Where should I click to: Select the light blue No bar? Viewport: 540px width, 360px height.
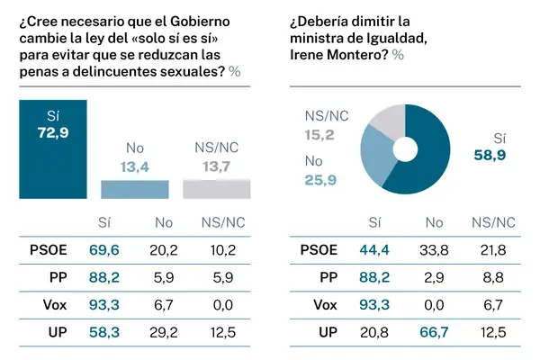click(x=134, y=189)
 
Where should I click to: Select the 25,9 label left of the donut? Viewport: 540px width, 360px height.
click(x=321, y=179)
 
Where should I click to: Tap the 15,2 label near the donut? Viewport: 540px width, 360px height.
click(x=321, y=134)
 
